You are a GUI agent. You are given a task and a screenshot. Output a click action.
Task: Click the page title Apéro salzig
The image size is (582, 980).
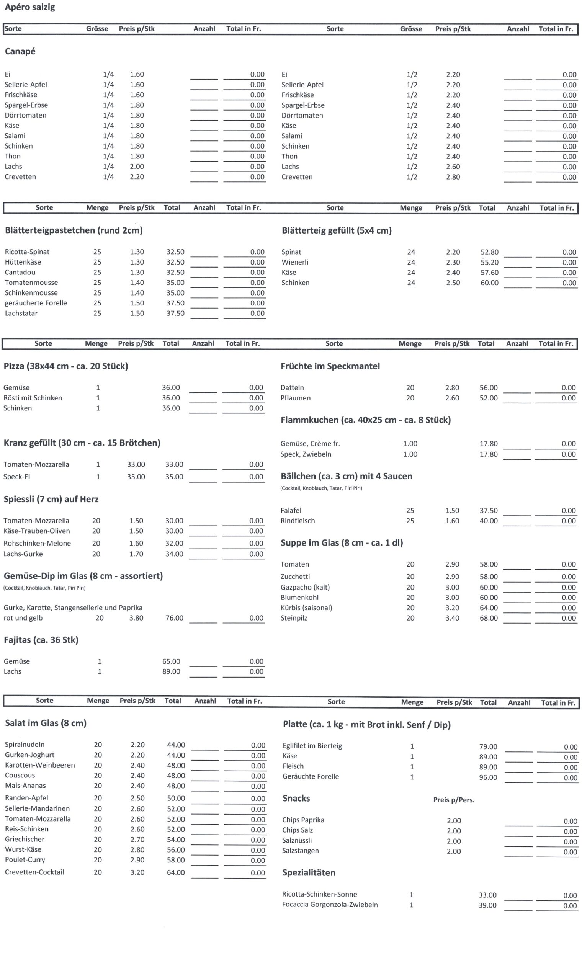click(x=30, y=7)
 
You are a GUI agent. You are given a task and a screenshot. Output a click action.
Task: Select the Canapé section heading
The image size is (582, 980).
click(x=20, y=51)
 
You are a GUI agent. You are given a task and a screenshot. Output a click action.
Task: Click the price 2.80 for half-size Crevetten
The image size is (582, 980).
click(x=453, y=177)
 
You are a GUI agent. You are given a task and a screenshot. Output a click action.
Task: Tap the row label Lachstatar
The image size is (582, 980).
click(x=21, y=313)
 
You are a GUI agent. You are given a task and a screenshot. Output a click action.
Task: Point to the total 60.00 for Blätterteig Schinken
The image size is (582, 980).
click(x=489, y=283)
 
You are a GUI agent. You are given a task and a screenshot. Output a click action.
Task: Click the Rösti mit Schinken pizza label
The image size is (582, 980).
click(x=33, y=398)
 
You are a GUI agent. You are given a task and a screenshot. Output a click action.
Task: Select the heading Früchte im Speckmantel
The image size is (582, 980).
click(x=330, y=366)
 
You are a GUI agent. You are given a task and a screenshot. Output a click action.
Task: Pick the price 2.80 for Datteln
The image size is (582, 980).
click(x=452, y=388)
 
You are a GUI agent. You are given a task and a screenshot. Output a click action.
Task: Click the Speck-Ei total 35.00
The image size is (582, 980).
click(x=174, y=477)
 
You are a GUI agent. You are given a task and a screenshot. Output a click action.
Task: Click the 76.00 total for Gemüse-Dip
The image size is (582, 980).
click(x=174, y=618)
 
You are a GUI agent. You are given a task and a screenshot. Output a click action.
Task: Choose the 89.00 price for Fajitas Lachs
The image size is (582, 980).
click(x=172, y=671)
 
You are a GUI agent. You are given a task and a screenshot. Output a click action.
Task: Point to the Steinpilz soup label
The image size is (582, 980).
click(x=294, y=618)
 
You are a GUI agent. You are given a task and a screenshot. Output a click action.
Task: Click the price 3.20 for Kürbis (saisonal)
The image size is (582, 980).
click(x=452, y=608)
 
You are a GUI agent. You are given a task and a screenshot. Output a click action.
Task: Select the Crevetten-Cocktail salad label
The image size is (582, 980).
click(x=34, y=872)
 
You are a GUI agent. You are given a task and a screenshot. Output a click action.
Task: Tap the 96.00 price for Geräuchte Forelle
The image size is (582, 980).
click(x=488, y=777)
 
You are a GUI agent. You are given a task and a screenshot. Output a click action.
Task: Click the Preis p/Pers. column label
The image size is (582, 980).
click(x=454, y=800)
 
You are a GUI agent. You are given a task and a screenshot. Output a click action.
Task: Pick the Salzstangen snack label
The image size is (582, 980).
click(x=301, y=851)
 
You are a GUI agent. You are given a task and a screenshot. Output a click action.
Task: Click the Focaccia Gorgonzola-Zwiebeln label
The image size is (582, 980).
click(x=330, y=905)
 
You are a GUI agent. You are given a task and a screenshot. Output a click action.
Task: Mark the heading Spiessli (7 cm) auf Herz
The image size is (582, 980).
click(x=51, y=499)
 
